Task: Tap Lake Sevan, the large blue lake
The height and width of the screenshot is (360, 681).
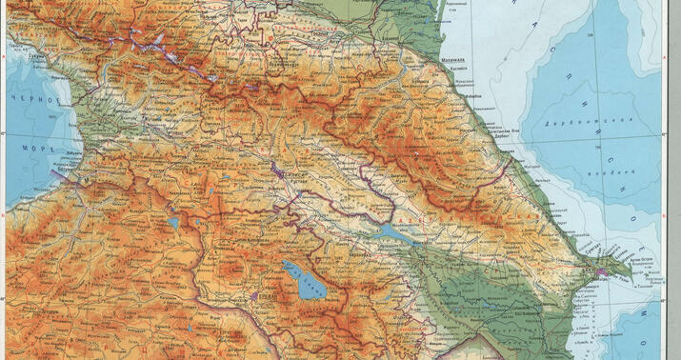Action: [303, 279]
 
